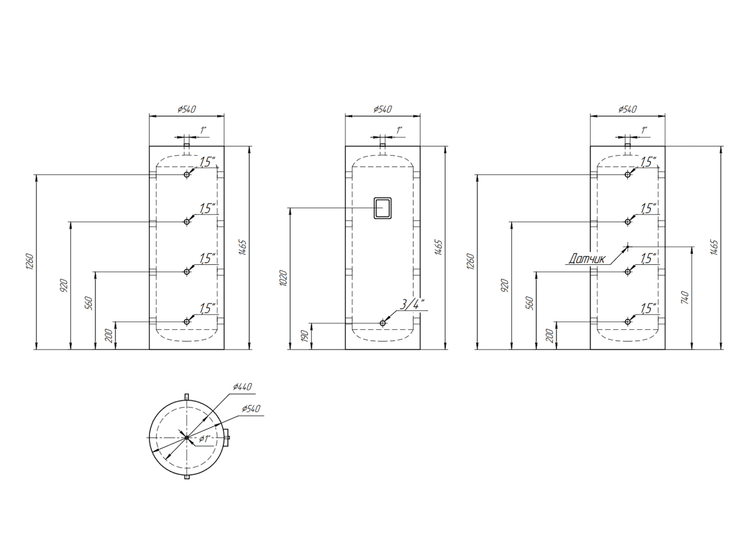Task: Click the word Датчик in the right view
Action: (586, 258)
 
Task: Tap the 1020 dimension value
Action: (283, 278)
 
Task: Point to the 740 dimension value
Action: (684, 298)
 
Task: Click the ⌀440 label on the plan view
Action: (242, 386)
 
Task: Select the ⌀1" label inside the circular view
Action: (205, 439)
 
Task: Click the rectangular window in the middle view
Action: (383, 208)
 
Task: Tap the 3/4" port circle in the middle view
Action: (383, 323)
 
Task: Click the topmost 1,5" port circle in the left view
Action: (187, 175)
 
